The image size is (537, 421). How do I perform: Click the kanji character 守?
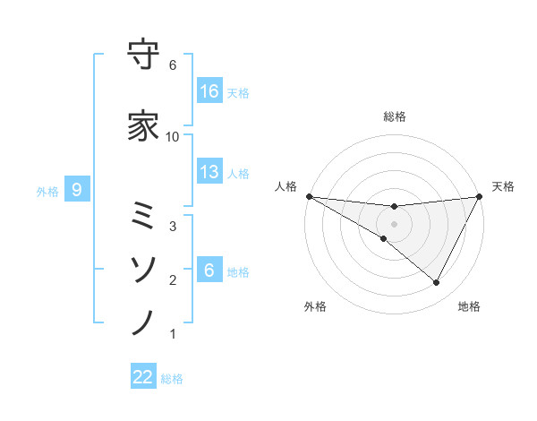(143, 56)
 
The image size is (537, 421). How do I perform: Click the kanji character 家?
(143, 126)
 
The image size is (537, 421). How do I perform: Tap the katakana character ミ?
(143, 215)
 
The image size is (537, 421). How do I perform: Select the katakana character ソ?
(143, 268)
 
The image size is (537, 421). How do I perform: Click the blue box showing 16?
(209, 91)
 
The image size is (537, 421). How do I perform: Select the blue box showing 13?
(209, 173)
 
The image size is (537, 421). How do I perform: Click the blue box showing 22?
(143, 377)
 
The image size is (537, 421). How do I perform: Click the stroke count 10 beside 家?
(173, 136)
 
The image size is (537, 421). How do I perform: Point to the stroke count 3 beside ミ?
(173, 227)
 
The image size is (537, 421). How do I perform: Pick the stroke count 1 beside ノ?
(173, 334)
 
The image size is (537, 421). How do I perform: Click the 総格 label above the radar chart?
(395, 116)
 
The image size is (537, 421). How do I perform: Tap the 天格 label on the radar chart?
(503, 186)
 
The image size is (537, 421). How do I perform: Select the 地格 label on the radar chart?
(469, 306)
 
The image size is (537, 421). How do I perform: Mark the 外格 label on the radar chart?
(315, 306)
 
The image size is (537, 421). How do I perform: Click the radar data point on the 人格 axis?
(309, 196)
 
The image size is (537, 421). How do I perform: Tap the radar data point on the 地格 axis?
(437, 283)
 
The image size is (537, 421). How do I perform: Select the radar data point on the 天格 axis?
(480, 196)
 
